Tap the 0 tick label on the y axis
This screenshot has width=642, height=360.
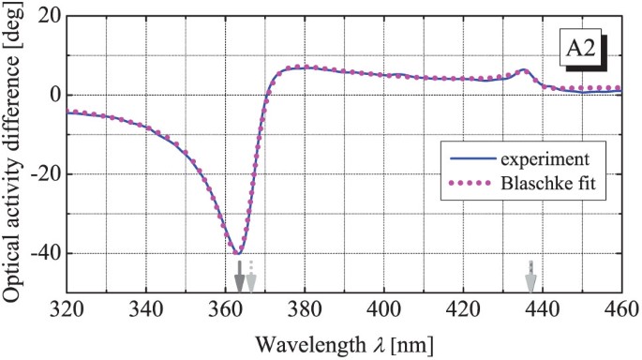tap(54, 95)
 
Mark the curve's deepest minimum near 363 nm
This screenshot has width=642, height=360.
tap(238, 254)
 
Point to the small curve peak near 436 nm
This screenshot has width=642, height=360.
tap(523, 70)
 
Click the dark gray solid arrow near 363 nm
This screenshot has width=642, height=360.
tap(239, 277)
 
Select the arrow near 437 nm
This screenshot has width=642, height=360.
tap(530, 277)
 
